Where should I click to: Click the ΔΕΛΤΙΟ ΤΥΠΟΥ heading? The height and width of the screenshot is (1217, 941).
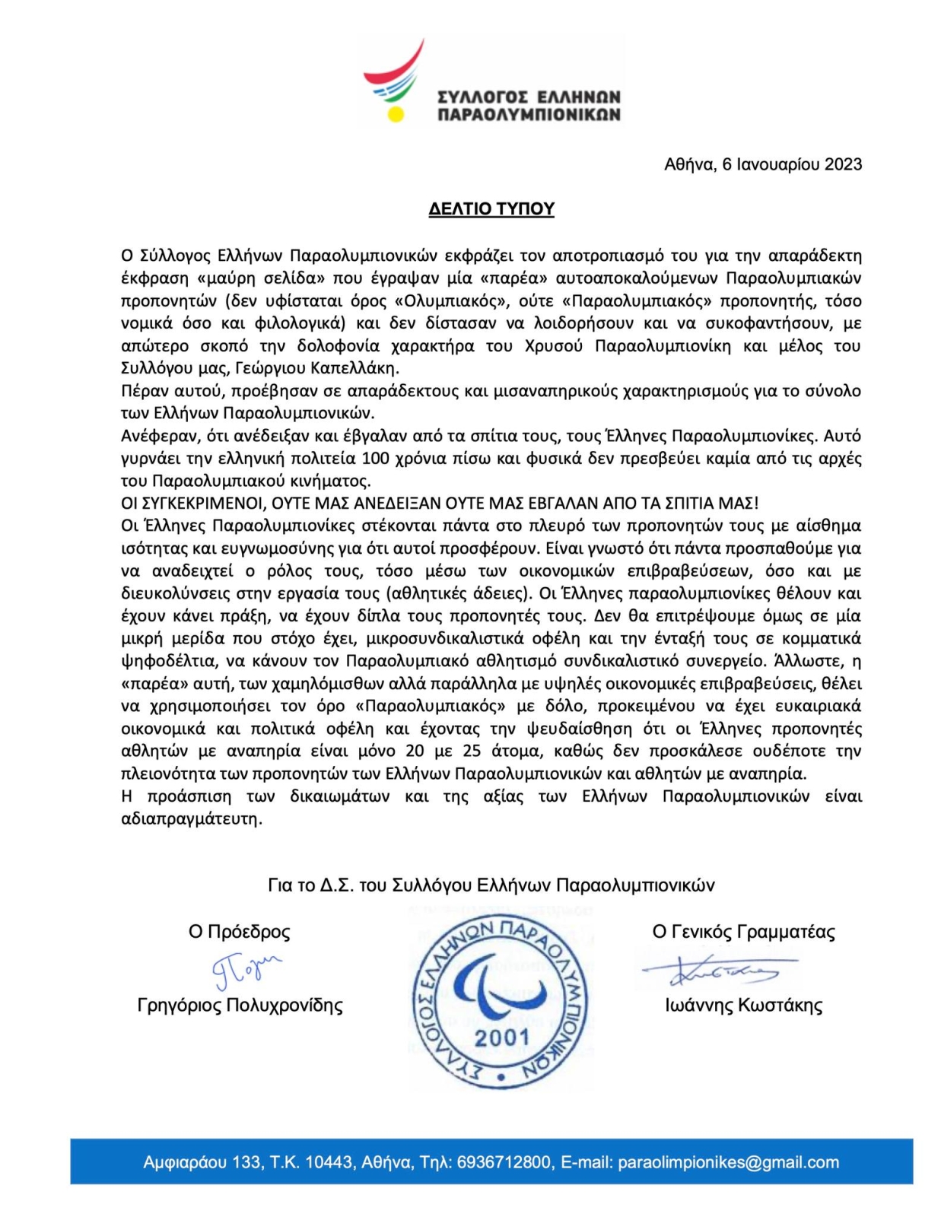491,208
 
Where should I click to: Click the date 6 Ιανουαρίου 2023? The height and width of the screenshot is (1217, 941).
792,164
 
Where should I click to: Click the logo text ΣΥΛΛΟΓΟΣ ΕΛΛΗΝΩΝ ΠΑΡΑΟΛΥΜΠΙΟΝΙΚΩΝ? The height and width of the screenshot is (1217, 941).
529,106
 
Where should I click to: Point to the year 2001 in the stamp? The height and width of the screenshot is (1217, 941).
501,1037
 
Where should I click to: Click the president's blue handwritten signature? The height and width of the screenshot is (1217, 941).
244,968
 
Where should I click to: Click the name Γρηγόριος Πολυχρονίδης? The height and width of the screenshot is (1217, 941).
240,1006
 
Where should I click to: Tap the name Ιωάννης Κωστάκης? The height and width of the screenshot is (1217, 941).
743,1006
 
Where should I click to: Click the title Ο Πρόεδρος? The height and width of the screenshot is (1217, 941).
239,932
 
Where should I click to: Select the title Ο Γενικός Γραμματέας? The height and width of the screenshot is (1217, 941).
743,932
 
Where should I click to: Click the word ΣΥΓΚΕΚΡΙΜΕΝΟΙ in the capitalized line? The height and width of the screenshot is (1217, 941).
207,504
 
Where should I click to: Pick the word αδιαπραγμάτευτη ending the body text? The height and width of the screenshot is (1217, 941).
191,819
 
